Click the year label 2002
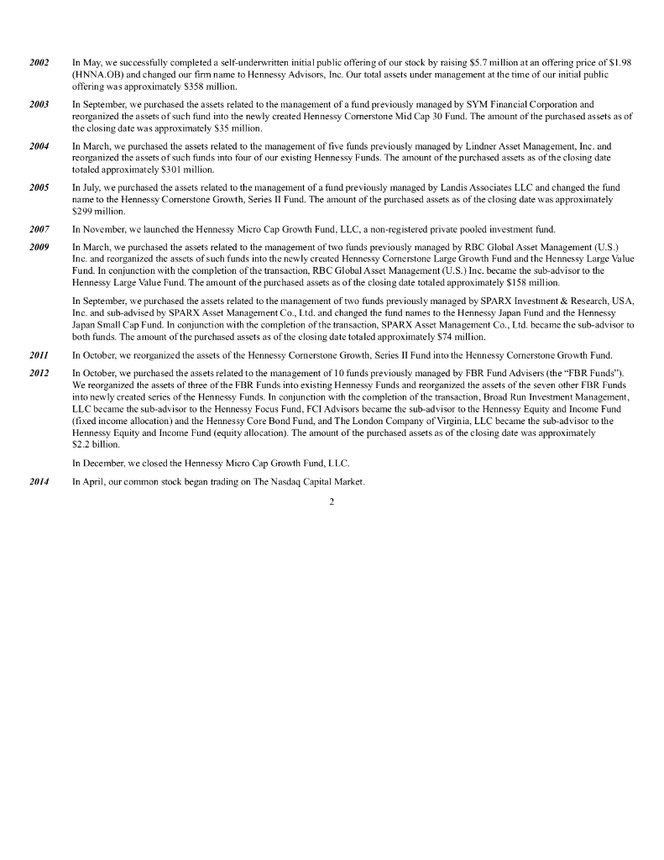[x=39, y=63]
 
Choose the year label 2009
[x=39, y=247]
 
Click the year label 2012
[x=39, y=372]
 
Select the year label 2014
[x=39, y=481]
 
